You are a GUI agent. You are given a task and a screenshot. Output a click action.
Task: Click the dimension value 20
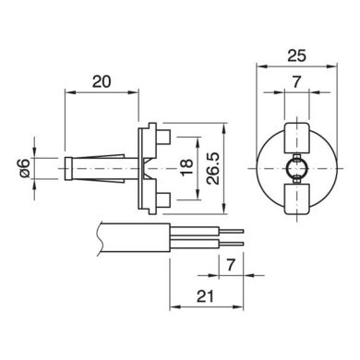(102, 82)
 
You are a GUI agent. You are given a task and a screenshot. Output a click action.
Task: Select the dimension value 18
(187, 168)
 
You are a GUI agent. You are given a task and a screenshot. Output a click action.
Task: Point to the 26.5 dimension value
(213, 168)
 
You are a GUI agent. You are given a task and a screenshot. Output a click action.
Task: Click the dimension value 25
(297, 56)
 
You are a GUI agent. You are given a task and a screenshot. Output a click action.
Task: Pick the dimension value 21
(205, 296)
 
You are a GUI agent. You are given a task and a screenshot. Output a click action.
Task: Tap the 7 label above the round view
(296, 82)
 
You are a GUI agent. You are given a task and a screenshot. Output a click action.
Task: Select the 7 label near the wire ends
(231, 265)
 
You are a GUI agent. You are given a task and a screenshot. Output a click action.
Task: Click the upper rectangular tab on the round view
(296, 138)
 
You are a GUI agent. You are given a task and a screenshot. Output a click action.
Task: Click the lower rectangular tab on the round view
(296, 198)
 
